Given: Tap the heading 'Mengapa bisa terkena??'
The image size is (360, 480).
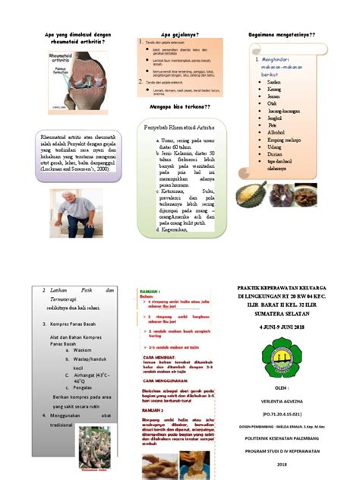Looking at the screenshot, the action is click(180, 109).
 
